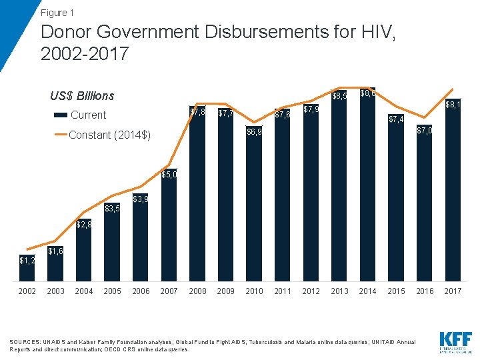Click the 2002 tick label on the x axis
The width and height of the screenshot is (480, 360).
[x=27, y=291]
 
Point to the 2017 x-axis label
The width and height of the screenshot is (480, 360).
[x=453, y=291]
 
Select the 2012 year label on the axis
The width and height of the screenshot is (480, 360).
[x=311, y=291]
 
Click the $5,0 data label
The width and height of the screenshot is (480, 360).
[x=169, y=175]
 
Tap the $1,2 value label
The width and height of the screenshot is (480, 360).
[x=27, y=260]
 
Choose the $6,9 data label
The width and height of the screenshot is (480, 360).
[x=254, y=132]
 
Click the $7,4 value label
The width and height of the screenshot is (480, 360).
[x=396, y=119]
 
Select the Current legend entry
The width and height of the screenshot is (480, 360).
[x=88, y=115]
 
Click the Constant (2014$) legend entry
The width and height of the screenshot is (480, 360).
[x=109, y=135]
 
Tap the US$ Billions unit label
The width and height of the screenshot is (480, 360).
[x=82, y=96]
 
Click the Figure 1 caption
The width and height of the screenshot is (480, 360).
[x=57, y=13]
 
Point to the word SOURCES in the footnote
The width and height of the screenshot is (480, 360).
[x=23, y=342]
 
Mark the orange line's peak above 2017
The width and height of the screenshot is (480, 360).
[x=453, y=89]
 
